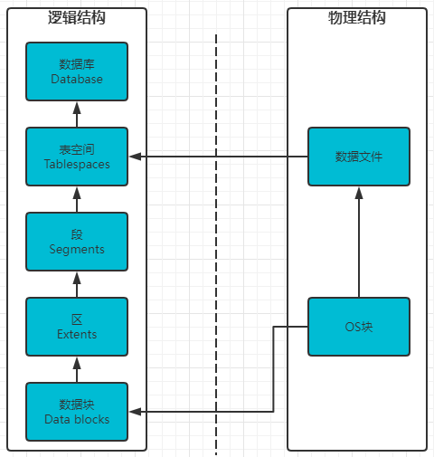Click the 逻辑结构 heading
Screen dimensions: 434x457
pos(77,17)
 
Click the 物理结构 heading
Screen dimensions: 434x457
pos(357,17)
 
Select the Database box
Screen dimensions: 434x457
pos(77,71)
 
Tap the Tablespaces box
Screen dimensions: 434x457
pos(77,157)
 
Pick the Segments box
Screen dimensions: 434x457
pos(77,242)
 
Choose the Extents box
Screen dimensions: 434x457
pos(77,327)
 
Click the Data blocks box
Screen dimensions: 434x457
pos(77,412)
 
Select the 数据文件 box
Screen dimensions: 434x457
pos(359,157)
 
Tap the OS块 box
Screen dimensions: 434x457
pos(359,327)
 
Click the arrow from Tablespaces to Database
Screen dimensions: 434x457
pos(77,114)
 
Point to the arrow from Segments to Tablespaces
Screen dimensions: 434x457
pos(77,199)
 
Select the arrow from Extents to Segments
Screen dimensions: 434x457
pos(77,284)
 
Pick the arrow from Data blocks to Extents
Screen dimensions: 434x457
pos(77,369)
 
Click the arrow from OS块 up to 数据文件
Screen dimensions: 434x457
pos(359,242)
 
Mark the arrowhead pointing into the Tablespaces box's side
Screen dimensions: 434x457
pos(136,157)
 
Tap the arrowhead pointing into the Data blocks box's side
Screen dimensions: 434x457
pos(136,412)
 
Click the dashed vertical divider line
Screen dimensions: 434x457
pos(216,244)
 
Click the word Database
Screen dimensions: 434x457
pos(77,79)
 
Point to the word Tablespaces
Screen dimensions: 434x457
pos(77,165)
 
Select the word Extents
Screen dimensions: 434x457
pos(77,334)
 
